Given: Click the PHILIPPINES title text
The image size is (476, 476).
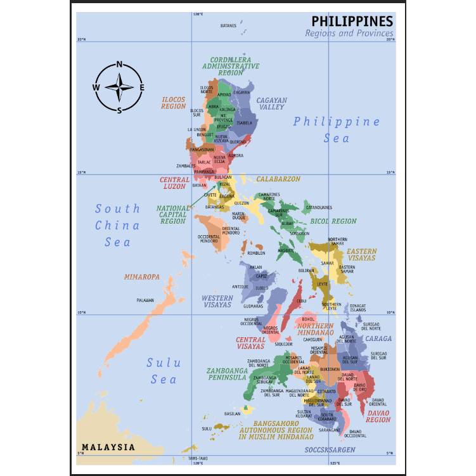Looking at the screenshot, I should click(352, 21).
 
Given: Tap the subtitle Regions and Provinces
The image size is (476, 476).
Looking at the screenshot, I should click(349, 34).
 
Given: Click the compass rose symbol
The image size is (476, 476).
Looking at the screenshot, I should click(119, 87).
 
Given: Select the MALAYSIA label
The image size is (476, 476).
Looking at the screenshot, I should click(108, 447).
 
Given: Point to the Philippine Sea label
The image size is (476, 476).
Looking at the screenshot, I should click(337, 129).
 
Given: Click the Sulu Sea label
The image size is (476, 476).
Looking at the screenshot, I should click(164, 371).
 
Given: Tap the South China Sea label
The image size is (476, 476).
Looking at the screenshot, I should click(117, 225).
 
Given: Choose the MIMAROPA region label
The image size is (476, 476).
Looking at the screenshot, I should click(141, 277).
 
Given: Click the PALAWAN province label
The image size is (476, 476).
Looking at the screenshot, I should click(145, 300).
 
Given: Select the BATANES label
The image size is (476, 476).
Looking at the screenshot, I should click(228, 26).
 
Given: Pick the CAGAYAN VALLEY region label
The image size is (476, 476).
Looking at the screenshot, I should click(271, 104).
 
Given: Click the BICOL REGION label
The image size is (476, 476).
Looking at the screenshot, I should click(333, 222).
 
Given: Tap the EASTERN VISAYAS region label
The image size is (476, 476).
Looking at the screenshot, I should click(361, 255).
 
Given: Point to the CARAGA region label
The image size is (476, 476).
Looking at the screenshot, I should click(378, 338).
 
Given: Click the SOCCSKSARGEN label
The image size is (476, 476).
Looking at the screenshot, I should click(330, 449).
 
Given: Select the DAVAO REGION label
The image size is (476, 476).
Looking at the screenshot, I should click(378, 416).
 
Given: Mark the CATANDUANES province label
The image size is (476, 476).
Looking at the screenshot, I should click(319, 207).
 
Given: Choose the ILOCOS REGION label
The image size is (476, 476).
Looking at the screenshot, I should click(174, 103).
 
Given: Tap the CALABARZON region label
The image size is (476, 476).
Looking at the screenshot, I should click(278, 179).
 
